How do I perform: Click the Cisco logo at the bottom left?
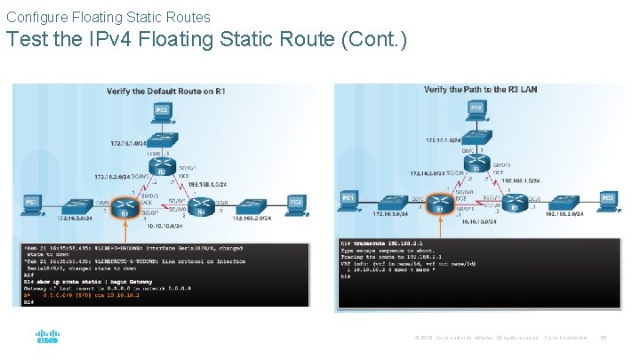[x=46, y=337]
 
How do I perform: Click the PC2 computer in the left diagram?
[x=162, y=110]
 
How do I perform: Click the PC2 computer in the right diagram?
[x=476, y=108]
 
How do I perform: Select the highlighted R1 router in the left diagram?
[x=125, y=207]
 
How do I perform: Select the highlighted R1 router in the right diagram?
[x=439, y=204]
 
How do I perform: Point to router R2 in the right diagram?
[x=476, y=164]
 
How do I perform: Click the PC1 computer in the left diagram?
[x=32, y=204]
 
